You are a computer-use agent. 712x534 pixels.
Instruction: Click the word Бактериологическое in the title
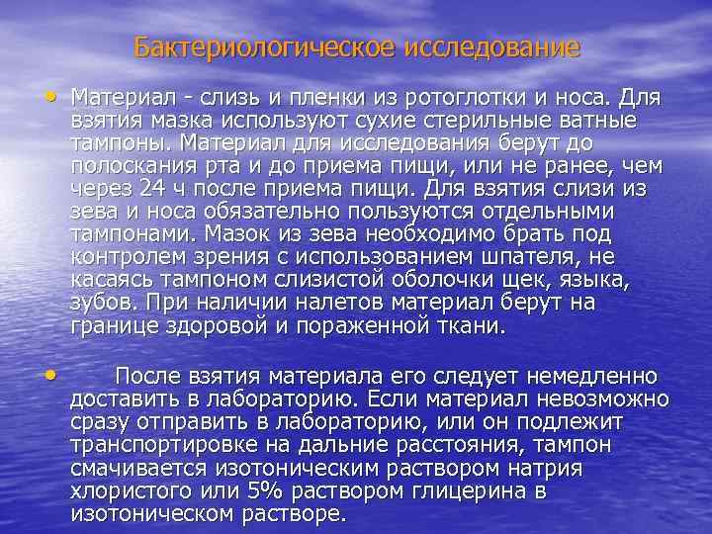coord(264,47)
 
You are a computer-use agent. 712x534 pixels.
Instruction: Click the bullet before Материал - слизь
coord(50,96)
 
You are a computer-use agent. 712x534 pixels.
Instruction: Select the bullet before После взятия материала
coord(50,375)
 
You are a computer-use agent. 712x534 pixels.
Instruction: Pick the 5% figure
coord(264,491)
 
